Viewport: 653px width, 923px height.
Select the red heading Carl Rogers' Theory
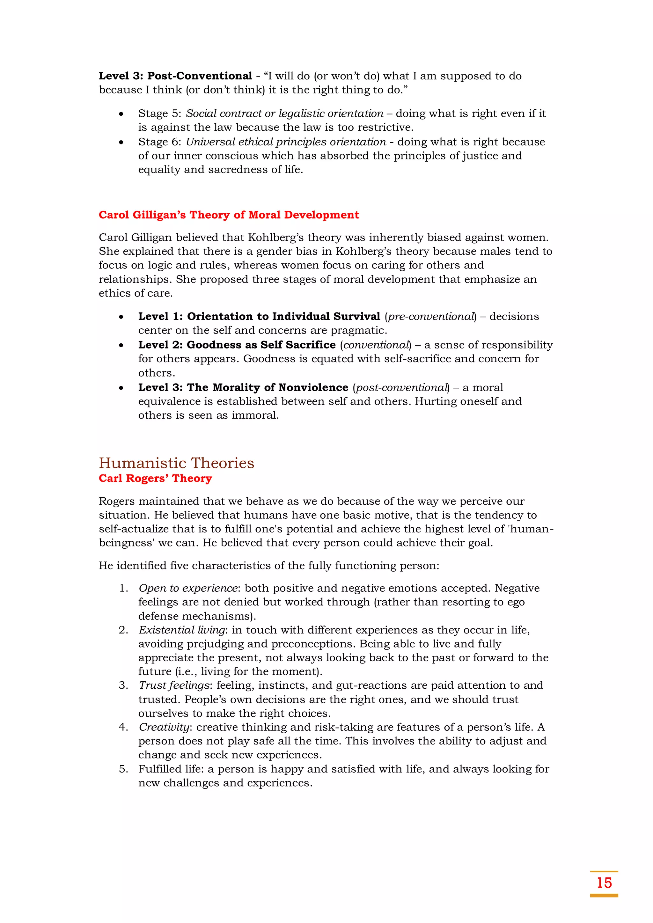coord(155,478)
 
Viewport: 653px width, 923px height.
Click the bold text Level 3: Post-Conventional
coord(175,76)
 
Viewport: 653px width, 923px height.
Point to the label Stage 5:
coord(160,114)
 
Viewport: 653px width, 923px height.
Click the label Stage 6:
coord(160,142)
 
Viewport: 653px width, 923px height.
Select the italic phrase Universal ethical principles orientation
coord(285,142)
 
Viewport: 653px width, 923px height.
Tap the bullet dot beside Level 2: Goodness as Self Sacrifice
coord(121,345)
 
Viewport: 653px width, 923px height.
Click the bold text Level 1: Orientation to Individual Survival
coord(259,316)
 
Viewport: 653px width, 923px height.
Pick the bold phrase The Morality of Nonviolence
coord(268,387)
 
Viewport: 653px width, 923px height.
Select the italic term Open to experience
coord(188,588)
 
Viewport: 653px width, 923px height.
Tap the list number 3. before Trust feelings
coord(123,685)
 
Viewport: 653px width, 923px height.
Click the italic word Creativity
coord(164,727)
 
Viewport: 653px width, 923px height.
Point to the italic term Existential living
coord(182,630)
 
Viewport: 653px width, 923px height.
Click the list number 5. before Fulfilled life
coord(123,769)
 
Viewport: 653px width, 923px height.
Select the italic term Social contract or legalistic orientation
coord(284,114)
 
